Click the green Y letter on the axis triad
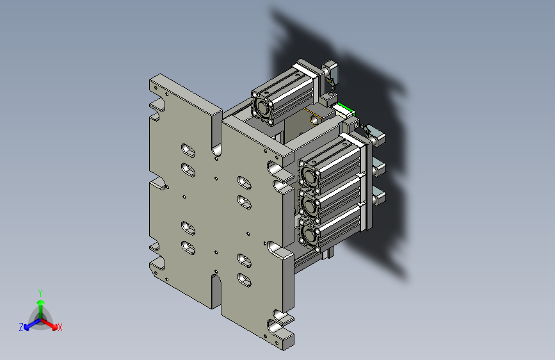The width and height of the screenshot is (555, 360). click(40, 293)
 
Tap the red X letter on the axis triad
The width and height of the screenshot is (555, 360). click(60, 327)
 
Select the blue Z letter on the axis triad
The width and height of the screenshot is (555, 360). click(21, 327)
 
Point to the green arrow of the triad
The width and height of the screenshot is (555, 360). click(41, 309)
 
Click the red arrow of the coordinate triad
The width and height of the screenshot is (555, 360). click(49, 324)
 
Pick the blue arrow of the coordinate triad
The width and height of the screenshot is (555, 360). click(33, 324)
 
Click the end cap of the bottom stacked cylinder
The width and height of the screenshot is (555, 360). click(310, 235)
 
